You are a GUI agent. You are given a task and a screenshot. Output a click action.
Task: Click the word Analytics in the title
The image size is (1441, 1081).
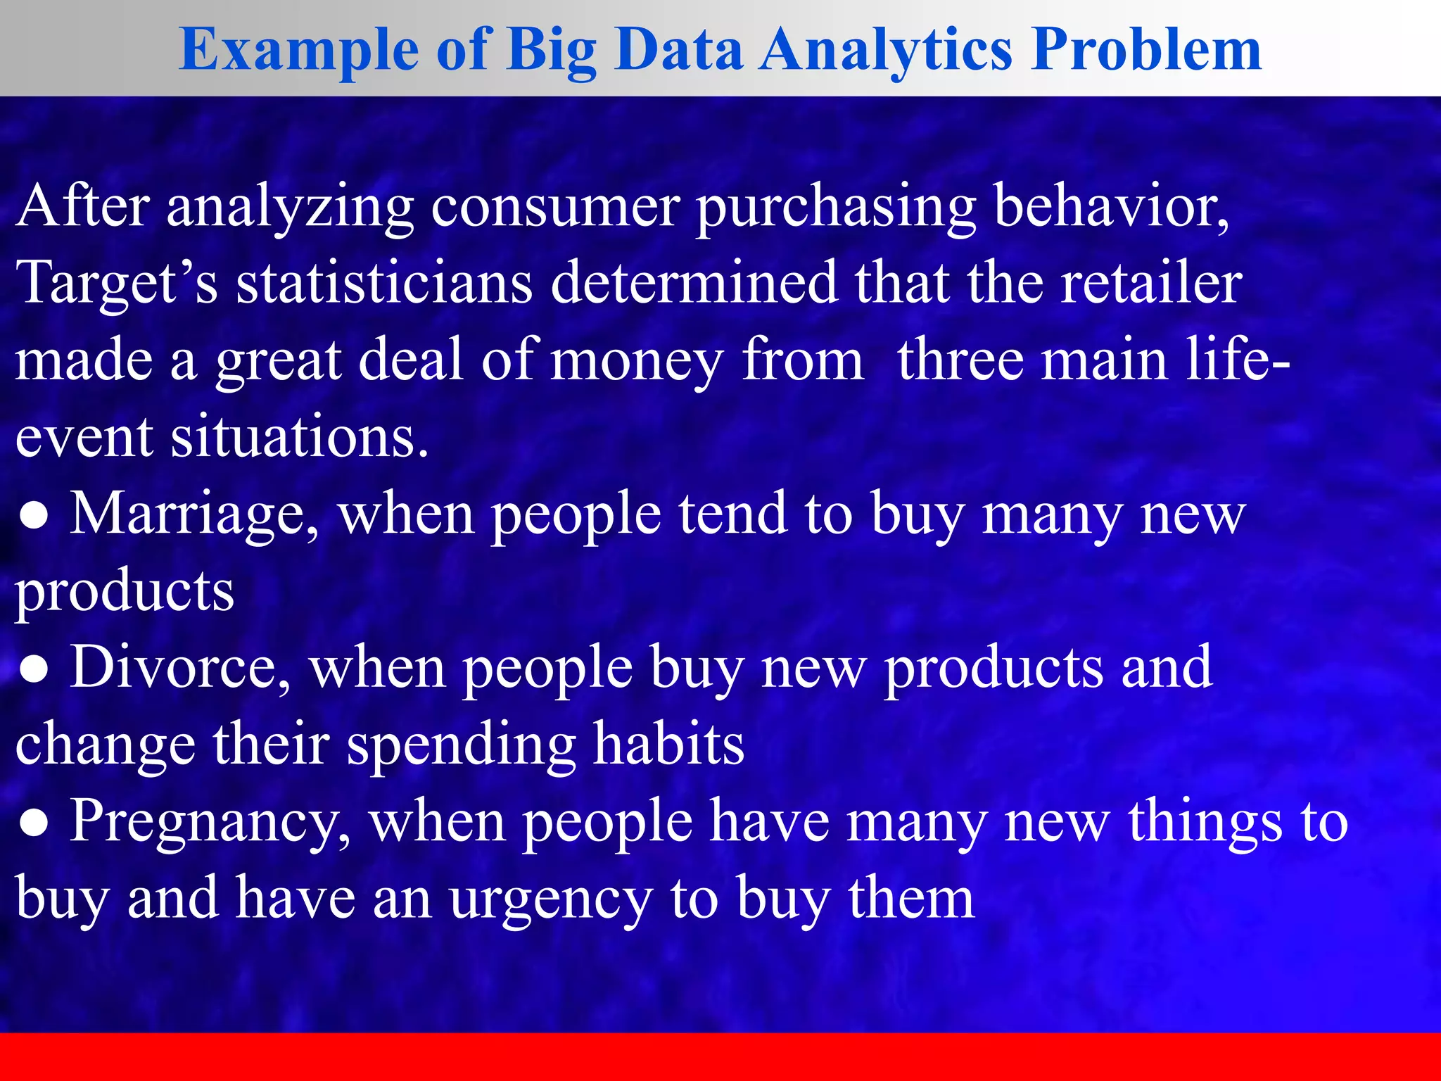click(x=887, y=51)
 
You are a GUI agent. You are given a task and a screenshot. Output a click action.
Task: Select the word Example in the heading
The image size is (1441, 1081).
click(x=298, y=51)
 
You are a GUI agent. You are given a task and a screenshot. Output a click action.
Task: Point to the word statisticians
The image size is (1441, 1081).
click(x=384, y=282)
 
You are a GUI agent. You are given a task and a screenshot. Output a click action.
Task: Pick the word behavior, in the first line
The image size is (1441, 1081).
click(x=1112, y=208)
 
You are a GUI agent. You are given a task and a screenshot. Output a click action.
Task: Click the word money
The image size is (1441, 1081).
click(x=636, y=360)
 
